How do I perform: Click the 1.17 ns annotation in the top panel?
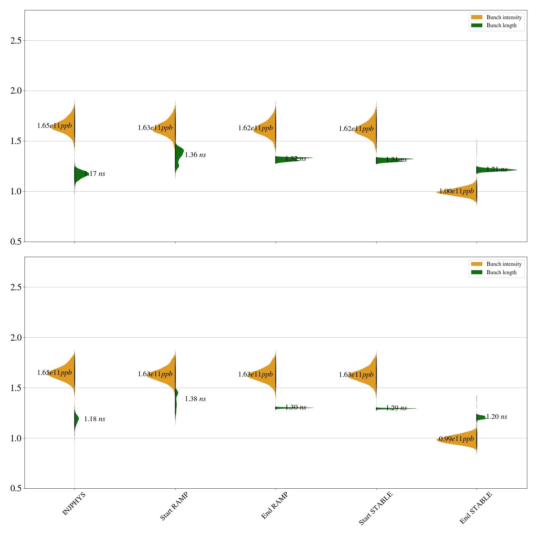coord(94,174)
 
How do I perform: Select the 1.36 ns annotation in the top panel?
coord(195,155)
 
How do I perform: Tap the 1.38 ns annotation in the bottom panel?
coord(195,399)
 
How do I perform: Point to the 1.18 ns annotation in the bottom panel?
coord(94,419)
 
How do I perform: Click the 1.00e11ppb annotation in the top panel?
coord(456,191)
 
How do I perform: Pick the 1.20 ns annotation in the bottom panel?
coord(497,417)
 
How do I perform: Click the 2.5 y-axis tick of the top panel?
coord(16,41)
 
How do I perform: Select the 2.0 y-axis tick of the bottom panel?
coord(16,338)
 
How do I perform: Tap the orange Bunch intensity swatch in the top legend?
coord(477,17)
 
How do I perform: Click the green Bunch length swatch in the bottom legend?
coord(477,272)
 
